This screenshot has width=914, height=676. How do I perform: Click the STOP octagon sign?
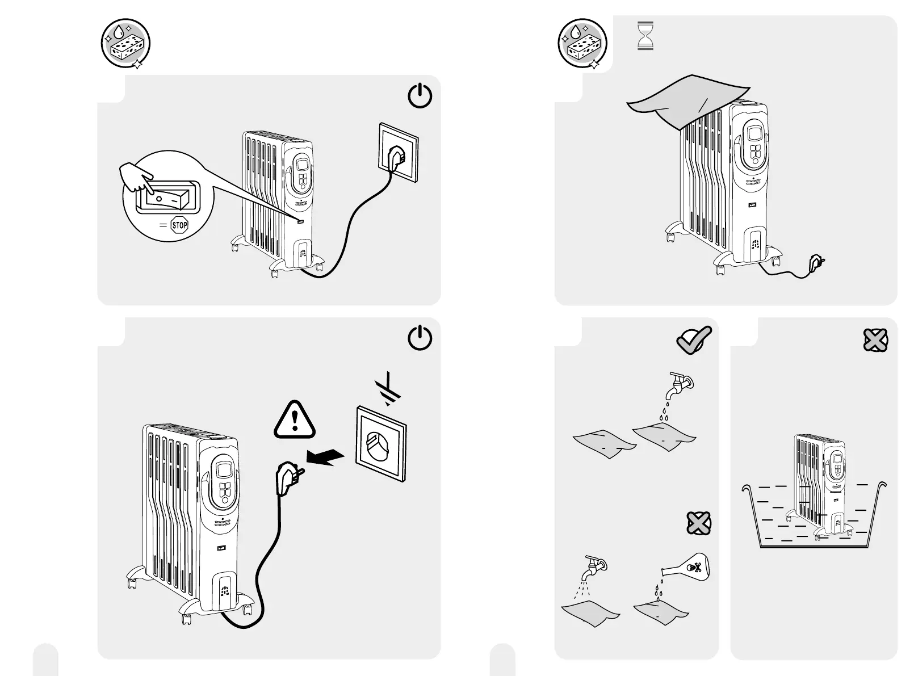[179, 225]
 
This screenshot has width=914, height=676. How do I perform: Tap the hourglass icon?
[645, 36]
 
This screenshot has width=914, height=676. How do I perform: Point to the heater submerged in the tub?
[820, 482]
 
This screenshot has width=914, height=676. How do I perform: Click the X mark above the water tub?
[875, 340]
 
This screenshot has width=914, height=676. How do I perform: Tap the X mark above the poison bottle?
[698, 522]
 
